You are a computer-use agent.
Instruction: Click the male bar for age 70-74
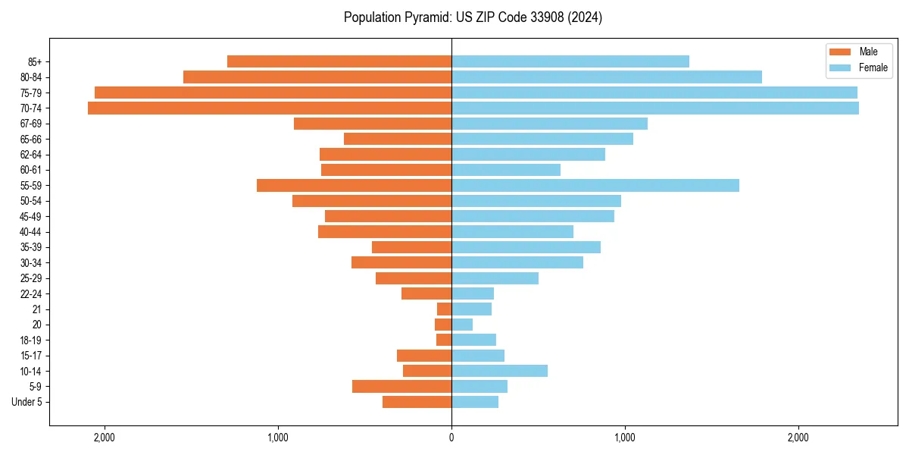click(x=270, y=108)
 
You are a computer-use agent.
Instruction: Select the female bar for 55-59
click(x=595, y=185)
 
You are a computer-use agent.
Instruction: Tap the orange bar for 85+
click(x=339, y=61)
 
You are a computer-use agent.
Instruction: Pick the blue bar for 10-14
click(x=499, y=371)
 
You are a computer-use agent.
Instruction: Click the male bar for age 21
click(x=445, y=309)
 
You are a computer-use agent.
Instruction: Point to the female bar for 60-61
click(x=506, y=170)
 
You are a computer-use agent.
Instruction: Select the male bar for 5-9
click(x=401, y=386)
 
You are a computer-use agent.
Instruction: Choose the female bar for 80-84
click(x=607, y=77)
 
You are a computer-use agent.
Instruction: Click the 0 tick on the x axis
click(x=451, y=438)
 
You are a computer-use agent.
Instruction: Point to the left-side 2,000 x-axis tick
click(x=104, y=438)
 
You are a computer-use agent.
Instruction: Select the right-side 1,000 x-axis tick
click(x=625, y=438)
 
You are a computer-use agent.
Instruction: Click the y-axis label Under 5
click(x=27, y=402)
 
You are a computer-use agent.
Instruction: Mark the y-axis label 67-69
click(x=31, y=124)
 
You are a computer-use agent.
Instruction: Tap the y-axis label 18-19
click(x=31, y=340)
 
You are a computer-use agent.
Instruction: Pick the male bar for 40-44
click(x=385, y=231)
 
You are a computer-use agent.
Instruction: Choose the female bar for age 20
click(x=462, y=325)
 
